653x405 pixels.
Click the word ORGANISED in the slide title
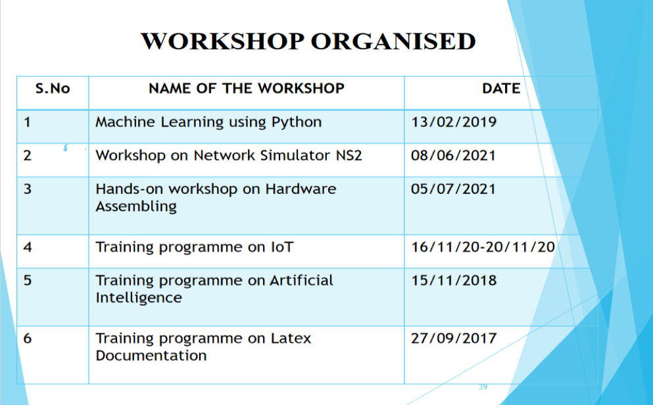393,41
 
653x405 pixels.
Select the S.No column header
53,88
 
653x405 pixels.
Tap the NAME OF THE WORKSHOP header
247,88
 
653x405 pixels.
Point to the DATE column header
501,88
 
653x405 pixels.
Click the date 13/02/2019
454,122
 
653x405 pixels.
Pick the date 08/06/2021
454,156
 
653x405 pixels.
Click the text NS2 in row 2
349,156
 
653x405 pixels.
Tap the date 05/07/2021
454,189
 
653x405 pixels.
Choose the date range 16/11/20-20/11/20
483,247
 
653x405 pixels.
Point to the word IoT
282,247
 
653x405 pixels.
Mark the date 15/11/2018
454,281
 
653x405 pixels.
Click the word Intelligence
139,298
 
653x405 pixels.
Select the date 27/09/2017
454,339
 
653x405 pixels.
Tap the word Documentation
151,356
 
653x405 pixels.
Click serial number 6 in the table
28,339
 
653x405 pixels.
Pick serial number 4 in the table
28,247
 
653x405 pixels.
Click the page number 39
483,387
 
